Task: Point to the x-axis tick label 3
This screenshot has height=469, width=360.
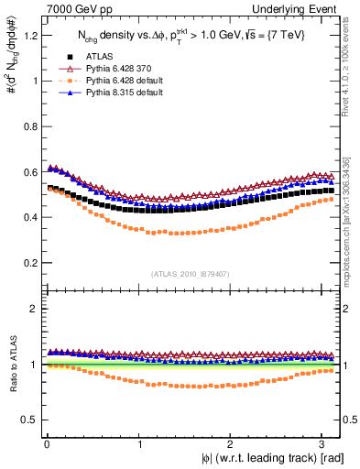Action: point(322,442)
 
